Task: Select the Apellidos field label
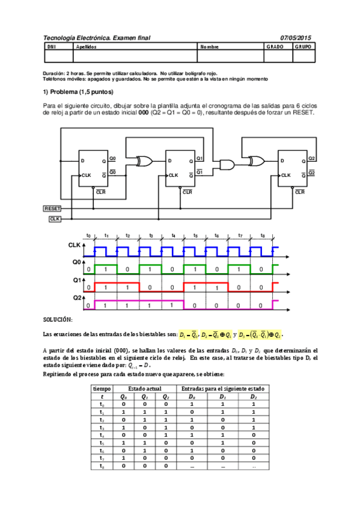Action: click(x=87, y=46)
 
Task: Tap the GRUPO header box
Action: click(x=304, y=46)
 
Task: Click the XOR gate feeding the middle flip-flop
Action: click(x=145, y=161)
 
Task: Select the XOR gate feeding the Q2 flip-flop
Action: click(x=256, y=161)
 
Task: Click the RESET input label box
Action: click(x=53, y=208)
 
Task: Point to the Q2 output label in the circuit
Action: click(x=311, y=158)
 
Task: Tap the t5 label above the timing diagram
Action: click(x=195, y=236)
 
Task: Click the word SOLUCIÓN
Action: click(x=58, y=319)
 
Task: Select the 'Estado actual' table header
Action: click(x=142, y=389)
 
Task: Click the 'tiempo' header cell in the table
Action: click(x=102, y=389)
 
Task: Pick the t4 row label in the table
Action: click(x=102, y=433)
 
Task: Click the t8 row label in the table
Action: click(x=102, y=465)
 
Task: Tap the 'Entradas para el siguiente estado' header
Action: click(x=222, y=389)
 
